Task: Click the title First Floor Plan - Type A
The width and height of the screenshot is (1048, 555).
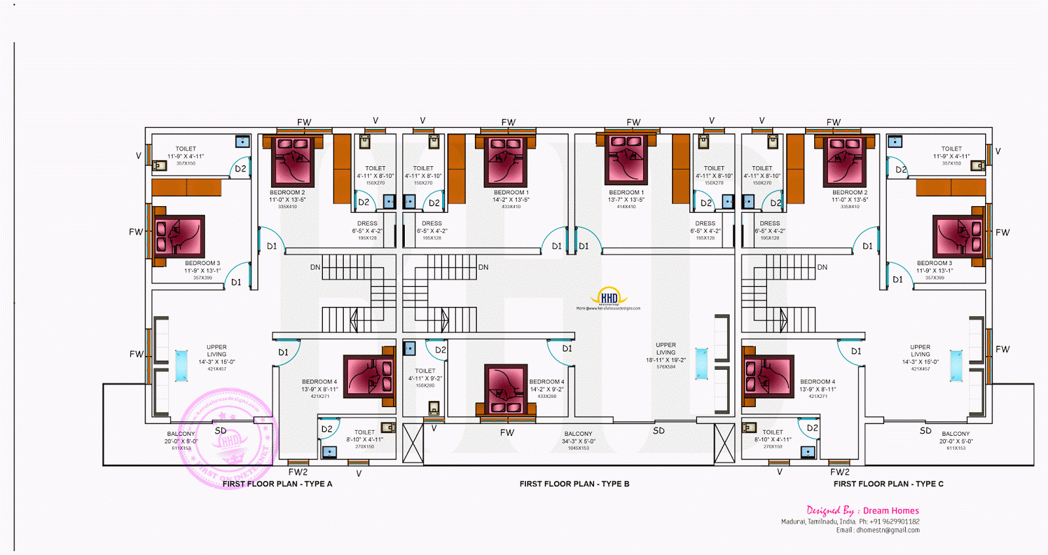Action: (x=277, y=484)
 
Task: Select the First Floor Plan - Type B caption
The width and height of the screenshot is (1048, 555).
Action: (x=574, y=484)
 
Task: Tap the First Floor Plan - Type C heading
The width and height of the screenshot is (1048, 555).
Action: (x=888, y=484)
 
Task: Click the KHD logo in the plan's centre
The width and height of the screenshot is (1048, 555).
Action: (x=608, y=298)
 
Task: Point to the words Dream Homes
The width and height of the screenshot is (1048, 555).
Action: (x=891, y=510)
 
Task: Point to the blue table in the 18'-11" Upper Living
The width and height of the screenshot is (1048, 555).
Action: (x=702, y=364)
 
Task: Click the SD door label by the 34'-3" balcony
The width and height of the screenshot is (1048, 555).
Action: (x=659, y=431)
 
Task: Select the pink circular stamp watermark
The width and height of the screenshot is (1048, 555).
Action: (x=229, y=439)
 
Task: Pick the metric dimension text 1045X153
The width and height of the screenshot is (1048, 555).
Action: (x=578, y=448)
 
